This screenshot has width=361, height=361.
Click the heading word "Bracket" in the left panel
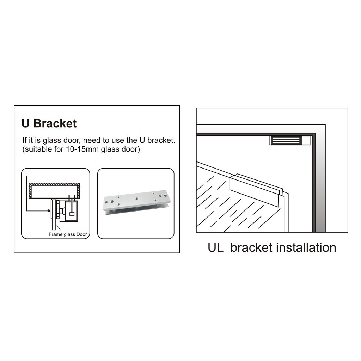[x=55, y=123]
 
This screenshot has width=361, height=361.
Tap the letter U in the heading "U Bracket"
[x=25, y=123]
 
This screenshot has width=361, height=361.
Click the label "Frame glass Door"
[x=67, y=234]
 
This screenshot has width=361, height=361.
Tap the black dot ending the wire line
[x=48, y=211]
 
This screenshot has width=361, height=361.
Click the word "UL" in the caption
[x=215, y=247]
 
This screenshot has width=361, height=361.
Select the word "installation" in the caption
[x=306, y=247]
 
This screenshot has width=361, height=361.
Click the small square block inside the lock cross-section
[x=72, y=214]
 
